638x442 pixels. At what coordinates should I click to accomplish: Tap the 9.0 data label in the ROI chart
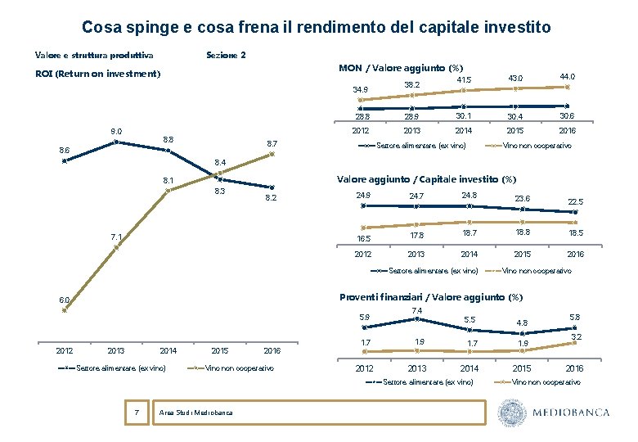[116, 131]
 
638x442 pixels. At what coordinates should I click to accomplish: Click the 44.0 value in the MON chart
[567, 76]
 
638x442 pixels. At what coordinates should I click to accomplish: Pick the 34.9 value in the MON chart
[360, 90]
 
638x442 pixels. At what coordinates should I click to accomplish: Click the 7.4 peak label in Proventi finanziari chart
[416, 310]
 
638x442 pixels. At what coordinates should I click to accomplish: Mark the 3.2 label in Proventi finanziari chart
[575, 336]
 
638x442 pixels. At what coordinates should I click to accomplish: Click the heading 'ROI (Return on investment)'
[97, 74]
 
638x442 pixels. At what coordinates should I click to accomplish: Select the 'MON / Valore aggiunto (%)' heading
[401, 67]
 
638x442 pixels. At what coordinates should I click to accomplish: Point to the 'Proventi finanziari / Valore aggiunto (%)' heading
[431, 296]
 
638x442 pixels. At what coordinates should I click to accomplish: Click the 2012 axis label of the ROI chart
[64, 350]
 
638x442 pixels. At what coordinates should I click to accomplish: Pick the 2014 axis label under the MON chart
[463, 130]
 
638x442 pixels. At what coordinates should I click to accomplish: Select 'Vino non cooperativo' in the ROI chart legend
[240, 368]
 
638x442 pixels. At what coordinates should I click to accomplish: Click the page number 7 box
[136, 412]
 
